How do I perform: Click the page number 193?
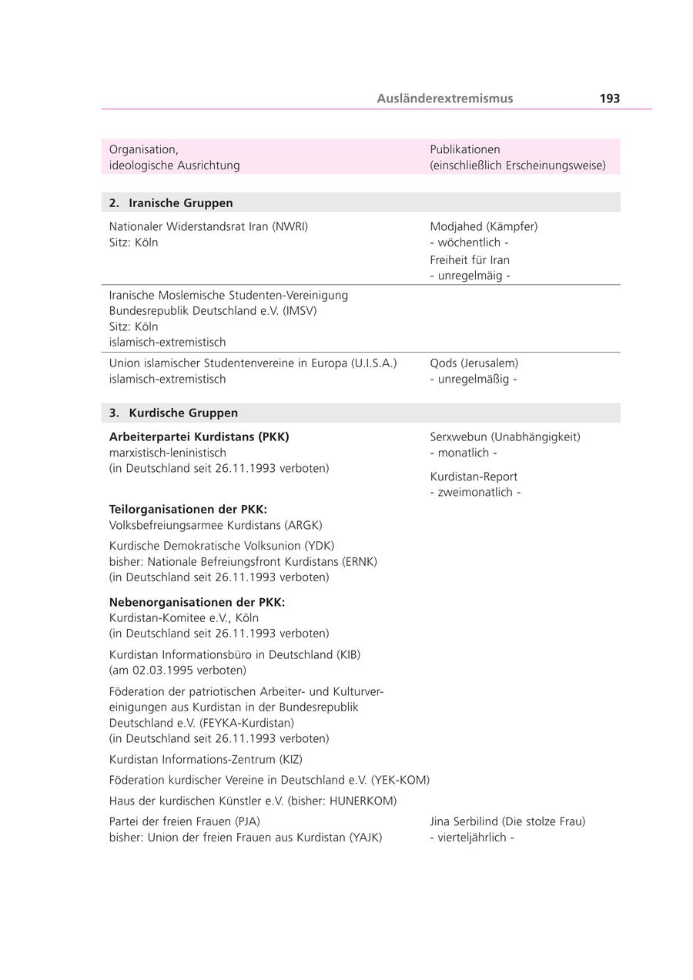[x=609, y=99]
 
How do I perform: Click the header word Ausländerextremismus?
[x=445, y=99]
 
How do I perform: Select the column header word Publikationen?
[x=465, y=149]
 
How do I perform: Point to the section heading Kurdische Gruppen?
[x=183, y=413]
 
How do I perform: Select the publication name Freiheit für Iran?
[x=470, y=260]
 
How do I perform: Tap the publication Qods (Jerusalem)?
[x=474, y=363]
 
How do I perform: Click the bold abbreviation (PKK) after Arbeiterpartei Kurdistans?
[x=274, y=437]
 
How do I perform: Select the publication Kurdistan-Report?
[x=474, y=477]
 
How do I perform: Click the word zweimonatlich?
[x=475, y=493]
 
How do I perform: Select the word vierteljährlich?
[x=472, y=838]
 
